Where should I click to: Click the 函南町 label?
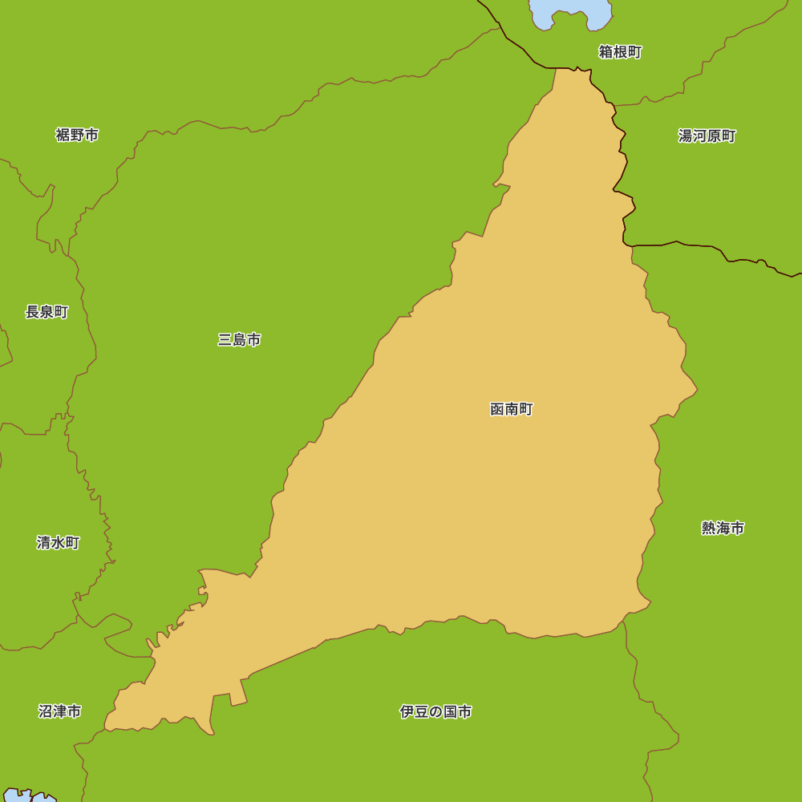(x=511, y=409)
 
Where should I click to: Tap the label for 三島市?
(x=239, y=340)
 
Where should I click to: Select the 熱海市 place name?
(x=723, y=528)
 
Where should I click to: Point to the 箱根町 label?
(x=620, y=52)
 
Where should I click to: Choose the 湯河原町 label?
(x=707, y=136)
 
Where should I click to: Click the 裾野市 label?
(x=77, y=135)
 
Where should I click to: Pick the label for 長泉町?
(x=47, y=312)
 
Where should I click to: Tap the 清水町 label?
(x=58, y=542)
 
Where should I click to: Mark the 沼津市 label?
(x=59, y=711)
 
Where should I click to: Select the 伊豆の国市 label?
(x=435, y=711)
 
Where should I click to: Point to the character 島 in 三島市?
(x=239, y=340)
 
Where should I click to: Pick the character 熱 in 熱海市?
(x=709, y=528)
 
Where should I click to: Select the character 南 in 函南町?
(x=511, y=409)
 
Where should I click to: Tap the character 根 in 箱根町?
(x=620, y=52)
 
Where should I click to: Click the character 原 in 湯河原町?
(x=714, y=136)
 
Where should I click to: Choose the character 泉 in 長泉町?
(x=47, y=312)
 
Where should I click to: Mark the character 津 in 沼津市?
(x=59, y=711)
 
